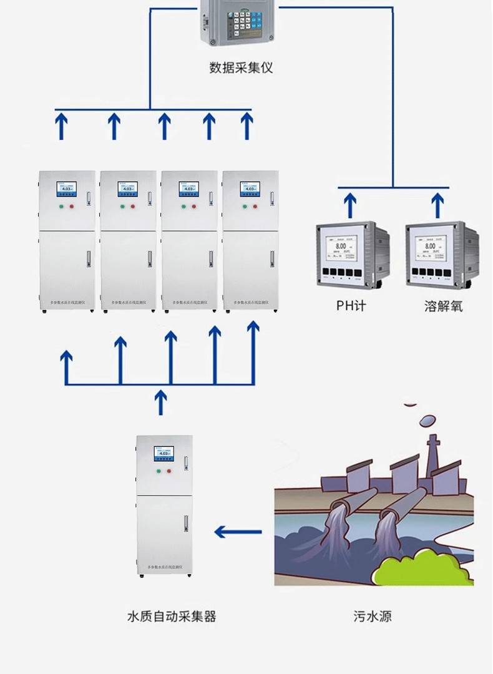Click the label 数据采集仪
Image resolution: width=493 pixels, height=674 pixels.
click(x=241, y=67)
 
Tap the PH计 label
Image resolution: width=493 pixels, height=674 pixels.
click(x=350, y=306)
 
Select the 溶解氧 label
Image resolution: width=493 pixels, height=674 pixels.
click(x=443, y=306)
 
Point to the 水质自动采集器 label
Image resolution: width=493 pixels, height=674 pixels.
click(x=172, y=617)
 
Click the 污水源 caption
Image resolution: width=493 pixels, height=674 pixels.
click(x=373, y=617)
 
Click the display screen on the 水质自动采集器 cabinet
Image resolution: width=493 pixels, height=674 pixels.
click(x=164, y=454)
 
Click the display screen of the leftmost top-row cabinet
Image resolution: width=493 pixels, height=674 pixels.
click(x=66, y=189)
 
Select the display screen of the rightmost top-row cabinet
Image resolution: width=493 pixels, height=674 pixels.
click(x=249, y=189)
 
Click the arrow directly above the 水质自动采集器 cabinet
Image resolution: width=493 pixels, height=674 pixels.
click(x=161, y=403)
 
